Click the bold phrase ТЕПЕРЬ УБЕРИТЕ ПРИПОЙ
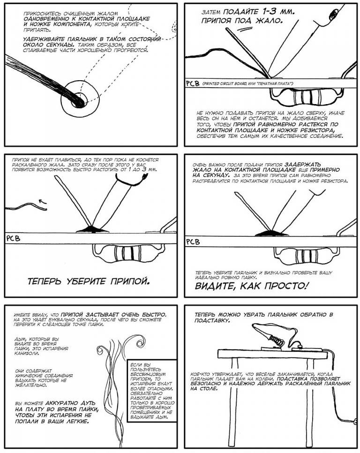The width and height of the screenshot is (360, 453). point(89,282)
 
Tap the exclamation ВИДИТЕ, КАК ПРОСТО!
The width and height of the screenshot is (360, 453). point(253,286)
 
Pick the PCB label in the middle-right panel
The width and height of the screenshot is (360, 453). point(193,242)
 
